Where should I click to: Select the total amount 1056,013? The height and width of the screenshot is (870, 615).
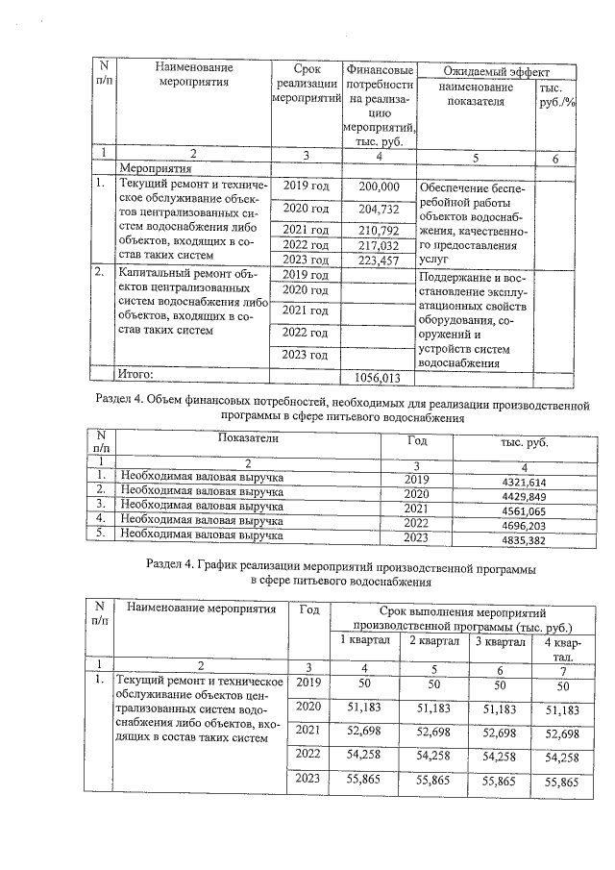(x=378, y=377)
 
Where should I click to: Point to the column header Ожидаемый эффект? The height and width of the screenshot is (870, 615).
(x=496, y=72)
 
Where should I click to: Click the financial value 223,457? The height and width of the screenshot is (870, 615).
(x=378, y=260)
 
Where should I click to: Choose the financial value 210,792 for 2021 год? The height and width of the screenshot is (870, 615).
(x=378, y=231)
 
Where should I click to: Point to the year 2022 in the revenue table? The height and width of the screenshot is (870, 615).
(x=416, y=526)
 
